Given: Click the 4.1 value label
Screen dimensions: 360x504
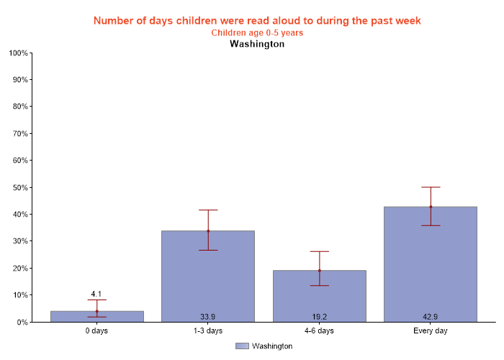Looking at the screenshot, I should pos(96,294).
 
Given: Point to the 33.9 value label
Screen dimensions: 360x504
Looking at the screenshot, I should pos(208,317).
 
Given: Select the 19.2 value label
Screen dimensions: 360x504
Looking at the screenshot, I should pos(319,317).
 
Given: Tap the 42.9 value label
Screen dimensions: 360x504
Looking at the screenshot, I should pos(431,317).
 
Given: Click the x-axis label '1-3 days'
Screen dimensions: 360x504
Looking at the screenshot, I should pos(208,331).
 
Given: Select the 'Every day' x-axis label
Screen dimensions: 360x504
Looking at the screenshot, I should pos(431,331).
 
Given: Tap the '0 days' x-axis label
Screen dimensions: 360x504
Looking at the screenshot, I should pos(96,331).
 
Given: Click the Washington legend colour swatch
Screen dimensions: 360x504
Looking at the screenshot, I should pos(241,346).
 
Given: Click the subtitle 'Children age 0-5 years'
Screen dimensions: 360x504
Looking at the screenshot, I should pos(257,32).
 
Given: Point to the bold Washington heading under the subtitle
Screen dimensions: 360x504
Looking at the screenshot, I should pos(257,44).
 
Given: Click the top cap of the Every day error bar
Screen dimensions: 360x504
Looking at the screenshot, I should pos(431,187).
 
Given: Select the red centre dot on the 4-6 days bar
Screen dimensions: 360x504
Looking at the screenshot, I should pos(319,271).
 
